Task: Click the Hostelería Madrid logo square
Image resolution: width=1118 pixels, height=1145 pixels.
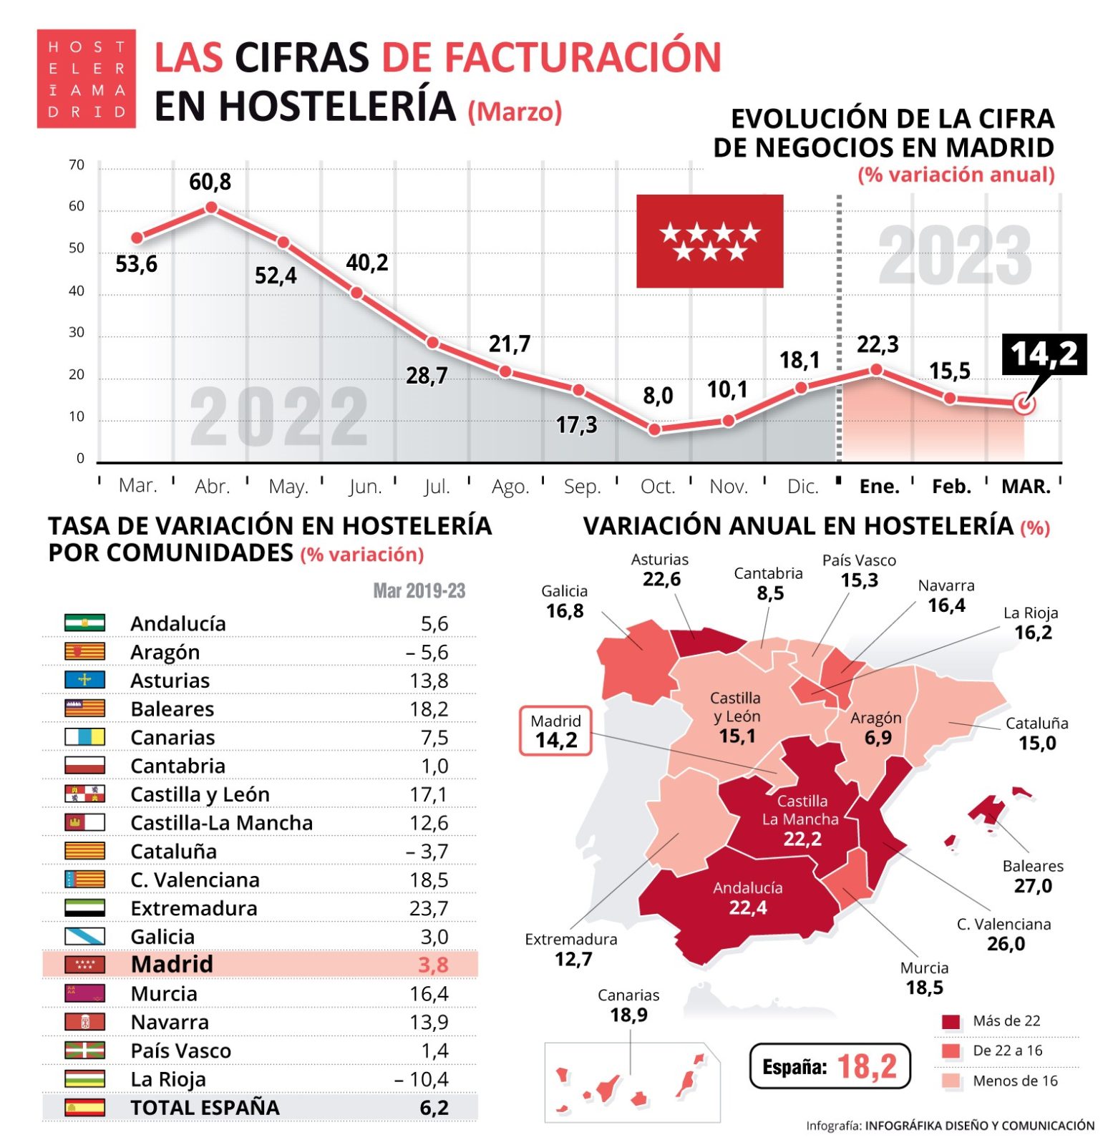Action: [x=87, y=79]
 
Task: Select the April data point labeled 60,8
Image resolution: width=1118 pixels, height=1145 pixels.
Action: [x=211, y=208]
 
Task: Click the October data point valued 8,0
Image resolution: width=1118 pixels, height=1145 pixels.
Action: [x=654, y=430]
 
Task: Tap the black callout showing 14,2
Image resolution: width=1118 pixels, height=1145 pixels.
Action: [x=1044, y=354]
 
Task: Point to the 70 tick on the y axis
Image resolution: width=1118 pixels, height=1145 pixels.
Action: [x=77, y=166]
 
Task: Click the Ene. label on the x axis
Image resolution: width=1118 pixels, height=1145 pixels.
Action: [x=879, y=487]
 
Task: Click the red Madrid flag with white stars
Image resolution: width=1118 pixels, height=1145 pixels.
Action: [x=709, y=241]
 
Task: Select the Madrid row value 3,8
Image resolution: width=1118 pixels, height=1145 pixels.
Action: [x=432, y=965]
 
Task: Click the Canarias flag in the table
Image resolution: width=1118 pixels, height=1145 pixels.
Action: [x=84, y=737]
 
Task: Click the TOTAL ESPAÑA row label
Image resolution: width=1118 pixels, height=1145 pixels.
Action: [x=205, y=1108]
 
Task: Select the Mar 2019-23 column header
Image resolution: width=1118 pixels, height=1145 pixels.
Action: [x=419, y=591]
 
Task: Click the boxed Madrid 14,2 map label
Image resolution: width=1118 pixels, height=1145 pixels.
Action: [x=555, y=731]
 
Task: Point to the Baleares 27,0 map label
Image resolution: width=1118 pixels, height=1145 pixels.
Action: [x=1032, y=877]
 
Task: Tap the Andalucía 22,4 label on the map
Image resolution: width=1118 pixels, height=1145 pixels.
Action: [x=747, y=898]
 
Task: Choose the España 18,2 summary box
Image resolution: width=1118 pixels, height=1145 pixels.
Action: [x=829, y=1066]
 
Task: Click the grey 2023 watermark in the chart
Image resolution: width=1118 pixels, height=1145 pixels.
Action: [x=955, y=255]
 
